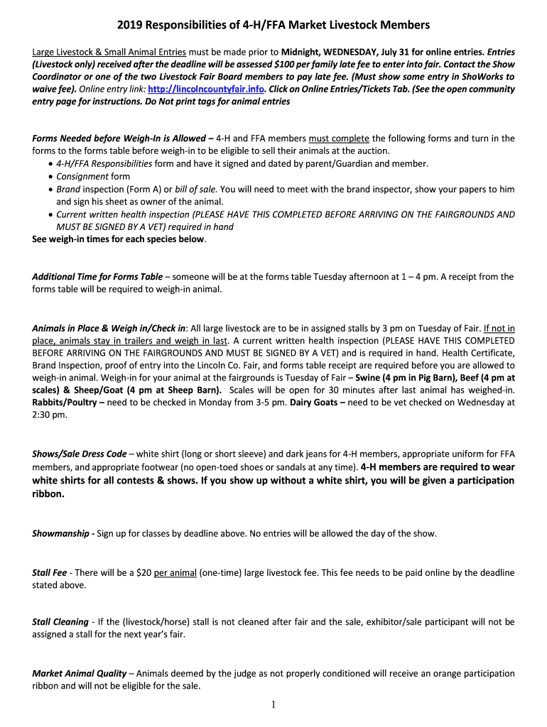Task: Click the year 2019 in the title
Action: click(x=130, y=26)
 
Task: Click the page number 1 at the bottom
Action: click(x=273, y=704)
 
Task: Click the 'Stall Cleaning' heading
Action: click(x=60, y=622)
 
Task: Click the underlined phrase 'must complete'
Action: click(x=339, y=138)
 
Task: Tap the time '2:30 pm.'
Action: click(x=50, y=415)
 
